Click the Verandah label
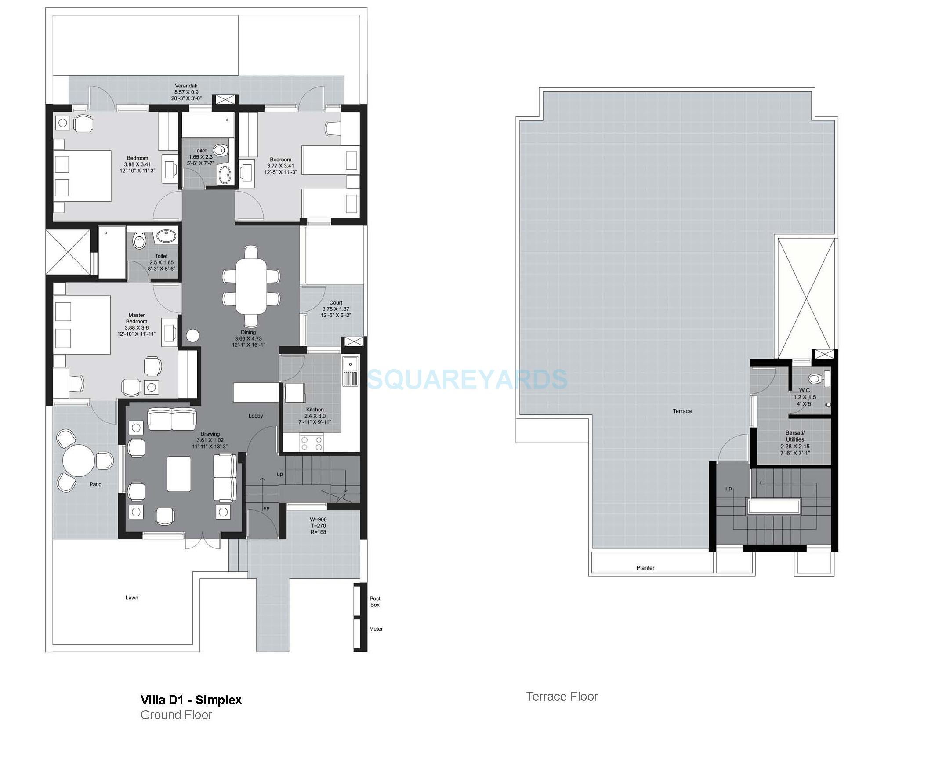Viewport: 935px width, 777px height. pyautogui.click(x=186, y=86)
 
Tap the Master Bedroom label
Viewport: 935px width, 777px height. pyautogui.click(x=136, y=318)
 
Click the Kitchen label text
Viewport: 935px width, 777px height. pyautogui.click(x=315, y=410)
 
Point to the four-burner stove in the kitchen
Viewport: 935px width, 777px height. pyautogui.click(x=312, y=443)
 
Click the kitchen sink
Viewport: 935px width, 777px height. pyautogui.click(x=350, y=371)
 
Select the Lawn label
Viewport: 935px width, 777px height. pyautogui.click(x=132, y=598)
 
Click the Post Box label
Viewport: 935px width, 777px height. pyautogui.click(x=375, y=602)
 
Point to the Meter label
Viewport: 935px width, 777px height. pyautogui.click(x=376, y=629)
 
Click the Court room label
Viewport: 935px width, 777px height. pyautogui.click(x=336, y=303)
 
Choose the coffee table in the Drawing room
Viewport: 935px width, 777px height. pyautogui.click(x=179, y=474)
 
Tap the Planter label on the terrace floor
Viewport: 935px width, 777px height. pyautogui.click(x=645, y=568)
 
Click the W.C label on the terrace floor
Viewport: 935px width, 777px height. pyautogui.click(x=804, y=390)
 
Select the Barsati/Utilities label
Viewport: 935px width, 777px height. pyautogui.click(x=795, y=436)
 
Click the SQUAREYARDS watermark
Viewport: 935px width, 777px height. pyautogui.click(x=467, y=379)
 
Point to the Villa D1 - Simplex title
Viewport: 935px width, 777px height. pyautogui.click(x=191, y=700)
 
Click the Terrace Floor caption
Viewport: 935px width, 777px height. pyautogui.click(x=562, y=697)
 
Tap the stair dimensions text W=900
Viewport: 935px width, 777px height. pyautogui.click(x=319, y=519)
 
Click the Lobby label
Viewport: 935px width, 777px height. pyautogui.click(x=256, y=416)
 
